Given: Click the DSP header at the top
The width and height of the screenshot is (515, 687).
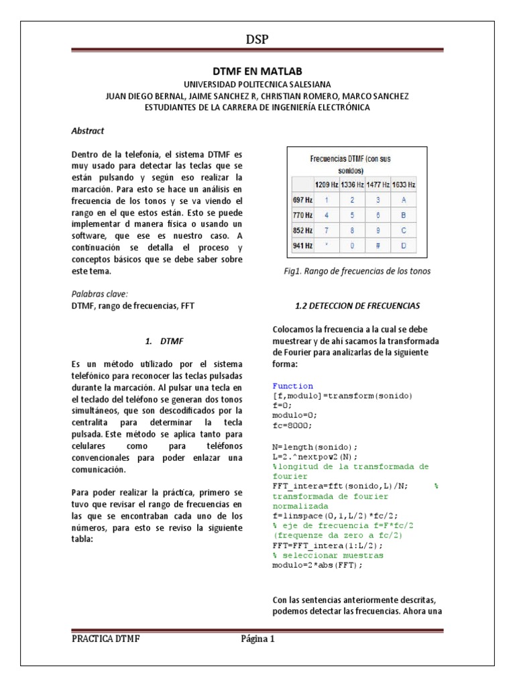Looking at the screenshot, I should click(x=257, y=40).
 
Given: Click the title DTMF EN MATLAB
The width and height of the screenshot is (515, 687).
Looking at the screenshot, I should click(x=257, y=70).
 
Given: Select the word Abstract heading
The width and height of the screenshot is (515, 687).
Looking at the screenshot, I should click(x=87, y=131).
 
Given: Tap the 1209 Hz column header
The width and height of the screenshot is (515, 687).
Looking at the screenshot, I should click(x=327, y=183).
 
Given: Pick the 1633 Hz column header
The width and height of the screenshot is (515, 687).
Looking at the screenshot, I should click(x=403, y=183).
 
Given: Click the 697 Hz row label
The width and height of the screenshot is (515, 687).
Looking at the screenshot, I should click(x=303, y=199).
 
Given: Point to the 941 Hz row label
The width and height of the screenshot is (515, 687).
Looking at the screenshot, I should click(x=303, y=246).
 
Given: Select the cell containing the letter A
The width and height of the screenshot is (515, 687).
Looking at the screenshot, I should click(x=403, y=199).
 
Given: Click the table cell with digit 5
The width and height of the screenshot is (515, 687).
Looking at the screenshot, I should click(x=352, y=215).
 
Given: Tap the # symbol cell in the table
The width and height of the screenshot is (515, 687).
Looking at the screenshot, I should click(x=378, y=246).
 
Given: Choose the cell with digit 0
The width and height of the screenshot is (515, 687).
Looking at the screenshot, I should click(x=352, y=246).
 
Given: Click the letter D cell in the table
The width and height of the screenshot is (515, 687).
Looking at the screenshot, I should click(x=403, y=246).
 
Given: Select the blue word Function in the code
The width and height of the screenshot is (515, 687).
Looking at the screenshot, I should click(x=292, y=386).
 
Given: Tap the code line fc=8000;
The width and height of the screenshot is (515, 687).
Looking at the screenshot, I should click(x=292, y=425).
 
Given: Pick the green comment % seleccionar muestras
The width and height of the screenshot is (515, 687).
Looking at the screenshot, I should click(x=328, y=556).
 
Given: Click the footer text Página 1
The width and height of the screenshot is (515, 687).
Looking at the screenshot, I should click(x=258, y=639).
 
